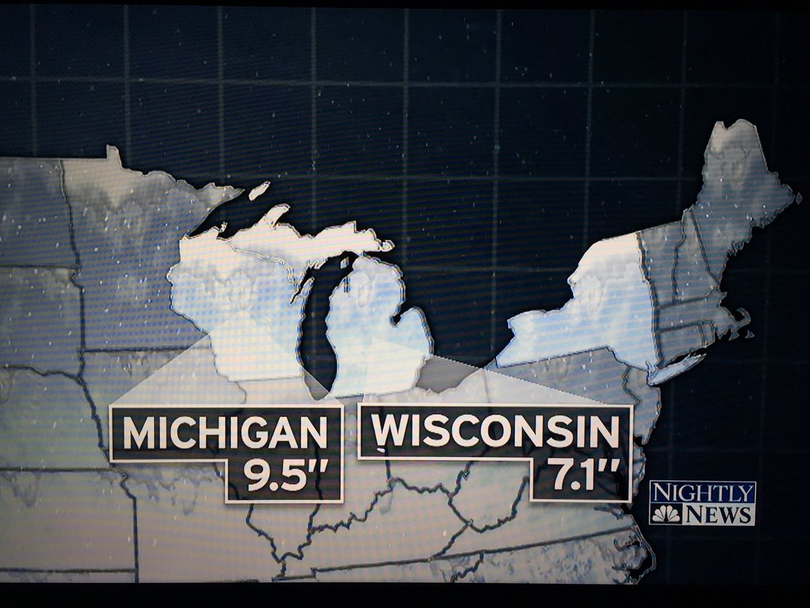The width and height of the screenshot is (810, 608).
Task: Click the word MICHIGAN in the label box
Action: [225, 433]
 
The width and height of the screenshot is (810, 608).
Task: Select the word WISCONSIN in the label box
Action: [495, 430]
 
